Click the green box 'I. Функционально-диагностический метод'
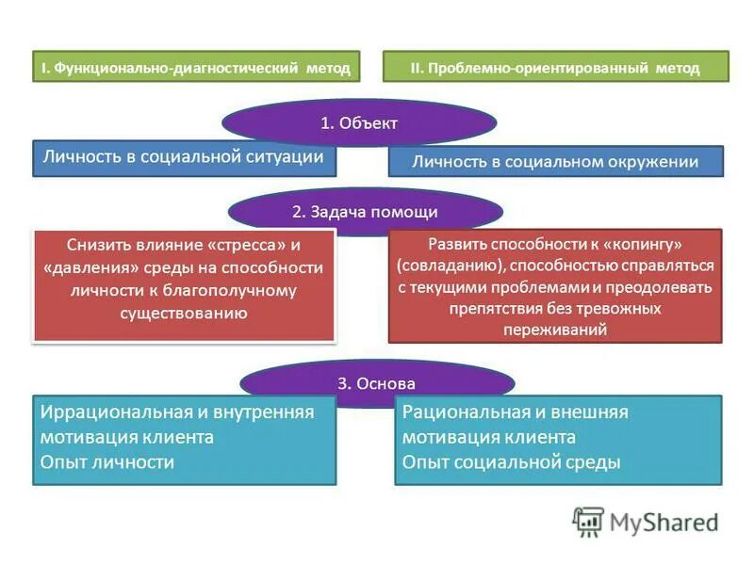(196, 68)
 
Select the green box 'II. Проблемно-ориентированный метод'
(555, 68)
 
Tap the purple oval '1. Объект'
(359, 122)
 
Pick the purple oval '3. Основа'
(376, 382)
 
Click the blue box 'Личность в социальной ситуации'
(185, 158)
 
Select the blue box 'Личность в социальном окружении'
(555, 161)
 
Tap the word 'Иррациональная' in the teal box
(104, 412)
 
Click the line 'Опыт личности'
(107, 461)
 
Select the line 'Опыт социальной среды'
(511, 461)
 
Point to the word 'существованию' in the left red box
(184, 313)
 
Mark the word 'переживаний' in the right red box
(555, 330)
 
